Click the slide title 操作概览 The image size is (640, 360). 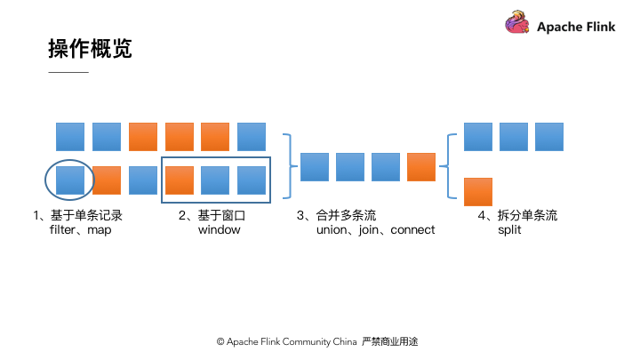pos(90,49)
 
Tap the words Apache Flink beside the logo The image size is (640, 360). pos(576,27)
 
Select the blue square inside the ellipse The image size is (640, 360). pos(70,180)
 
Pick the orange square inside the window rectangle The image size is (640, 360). pos(180,180)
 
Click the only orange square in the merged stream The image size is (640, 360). pos(420,167)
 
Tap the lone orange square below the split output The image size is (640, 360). pos(478,191)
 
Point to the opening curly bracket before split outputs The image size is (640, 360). pos(452,165)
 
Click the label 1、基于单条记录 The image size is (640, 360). pos(77,216)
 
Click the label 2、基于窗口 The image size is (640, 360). pos(211,216)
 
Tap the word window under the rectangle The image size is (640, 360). pos(219,230)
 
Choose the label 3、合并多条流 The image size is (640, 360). pos(336,216)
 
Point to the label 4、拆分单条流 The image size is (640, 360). pos(517,216)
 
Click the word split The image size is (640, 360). pos(509,230)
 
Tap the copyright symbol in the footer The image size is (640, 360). pos(220,341)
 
